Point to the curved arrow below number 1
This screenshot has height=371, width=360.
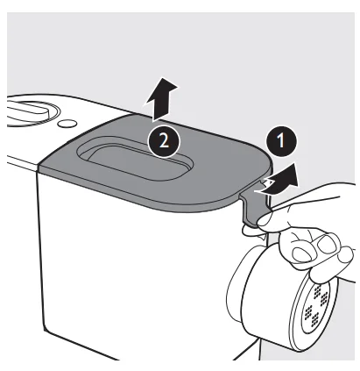279,178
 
